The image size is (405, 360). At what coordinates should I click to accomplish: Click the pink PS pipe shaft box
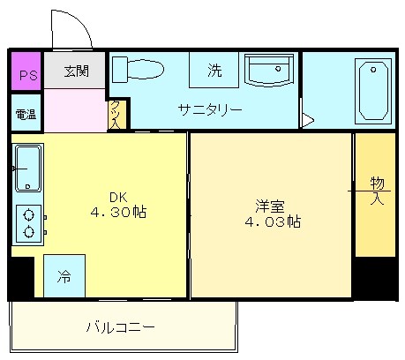tap(26, 71)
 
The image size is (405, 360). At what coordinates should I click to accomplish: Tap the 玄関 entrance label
tap(77, 71)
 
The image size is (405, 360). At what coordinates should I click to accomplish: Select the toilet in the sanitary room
tap(138, 70)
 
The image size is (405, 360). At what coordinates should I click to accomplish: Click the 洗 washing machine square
tap(214, 70)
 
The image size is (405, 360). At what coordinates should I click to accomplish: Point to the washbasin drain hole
tap(278, 69)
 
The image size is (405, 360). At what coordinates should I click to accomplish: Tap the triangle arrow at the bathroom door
tap(308, 120)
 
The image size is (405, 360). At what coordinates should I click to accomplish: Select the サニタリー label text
tap(210, 109)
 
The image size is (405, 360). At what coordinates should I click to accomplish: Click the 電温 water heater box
tap(26, 113)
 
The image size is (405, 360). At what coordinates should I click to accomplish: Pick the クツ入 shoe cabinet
tap(117, 115)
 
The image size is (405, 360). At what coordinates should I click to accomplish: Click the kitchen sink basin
tap(28, 168)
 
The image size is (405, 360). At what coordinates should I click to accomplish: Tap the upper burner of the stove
tap(28, 215)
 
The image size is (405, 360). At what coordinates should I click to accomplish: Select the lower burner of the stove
tap(28, 232)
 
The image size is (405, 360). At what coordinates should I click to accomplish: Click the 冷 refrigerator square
tap(64, 276)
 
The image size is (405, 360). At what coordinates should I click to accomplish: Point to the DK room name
tap(118, 198)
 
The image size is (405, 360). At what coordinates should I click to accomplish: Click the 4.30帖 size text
tap(118, 212)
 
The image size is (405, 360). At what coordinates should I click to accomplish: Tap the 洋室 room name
tap(270, 206)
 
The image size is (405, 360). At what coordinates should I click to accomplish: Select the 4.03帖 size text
tap(273, 221)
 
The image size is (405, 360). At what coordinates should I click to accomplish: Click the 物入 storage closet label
tap(378, 191)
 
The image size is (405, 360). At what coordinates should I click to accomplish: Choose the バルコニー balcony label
tap(121, 327)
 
